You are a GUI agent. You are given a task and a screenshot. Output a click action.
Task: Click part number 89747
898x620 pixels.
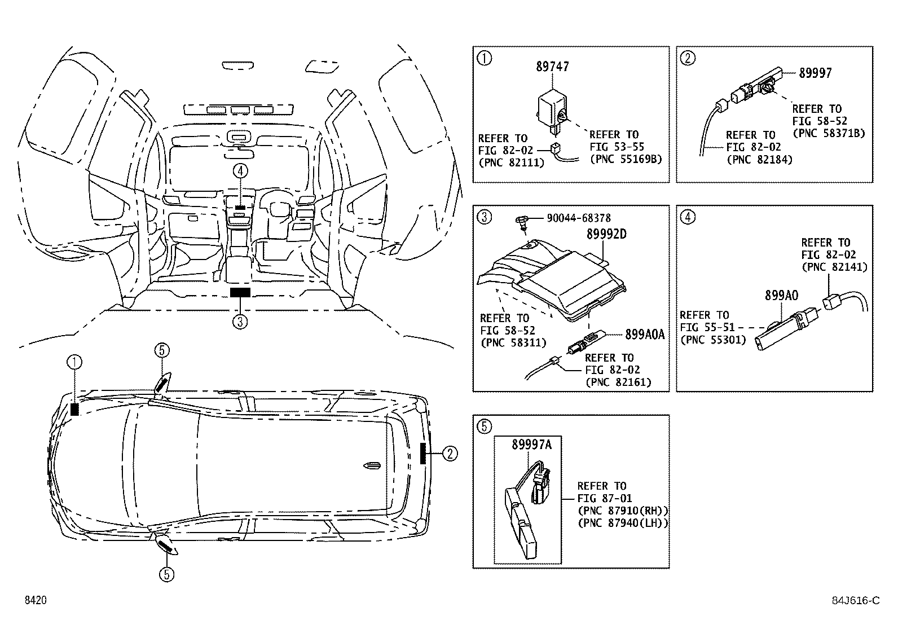(552, 67)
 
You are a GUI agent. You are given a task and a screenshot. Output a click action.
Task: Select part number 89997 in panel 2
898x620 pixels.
(815, 73)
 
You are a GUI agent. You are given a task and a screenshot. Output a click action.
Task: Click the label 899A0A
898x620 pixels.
(645, 334)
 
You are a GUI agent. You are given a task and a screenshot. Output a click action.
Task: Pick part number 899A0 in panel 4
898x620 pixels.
(781, 295)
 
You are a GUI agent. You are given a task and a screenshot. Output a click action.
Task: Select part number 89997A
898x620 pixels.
(531, 445)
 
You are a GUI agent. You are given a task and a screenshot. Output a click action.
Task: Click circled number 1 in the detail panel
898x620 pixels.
(485, 58)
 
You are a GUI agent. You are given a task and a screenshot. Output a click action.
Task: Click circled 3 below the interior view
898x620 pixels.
(240, 322)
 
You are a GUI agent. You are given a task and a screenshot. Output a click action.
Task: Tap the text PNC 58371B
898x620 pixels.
(829, 133)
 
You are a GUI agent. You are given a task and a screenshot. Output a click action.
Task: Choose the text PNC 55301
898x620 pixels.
(713, 340)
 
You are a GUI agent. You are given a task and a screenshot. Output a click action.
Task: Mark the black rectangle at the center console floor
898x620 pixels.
(240, 292)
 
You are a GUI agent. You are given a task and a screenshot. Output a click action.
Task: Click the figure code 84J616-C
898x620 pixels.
(856, 601)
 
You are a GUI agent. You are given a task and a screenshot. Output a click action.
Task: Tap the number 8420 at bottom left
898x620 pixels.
(35, 601)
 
